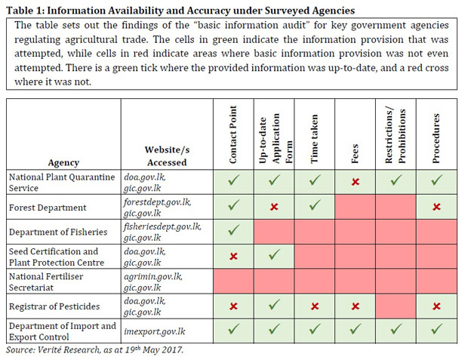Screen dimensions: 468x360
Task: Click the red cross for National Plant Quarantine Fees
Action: (x=356, y=182)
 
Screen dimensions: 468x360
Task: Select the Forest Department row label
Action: (x=48, y=208)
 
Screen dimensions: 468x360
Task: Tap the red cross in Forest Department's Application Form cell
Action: (x=274, y=207)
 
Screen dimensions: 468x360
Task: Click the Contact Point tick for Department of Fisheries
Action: (x=234, y=230)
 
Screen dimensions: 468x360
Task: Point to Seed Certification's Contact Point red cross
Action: (x=233, y=256)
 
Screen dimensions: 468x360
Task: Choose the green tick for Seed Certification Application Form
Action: (x=274, y=254)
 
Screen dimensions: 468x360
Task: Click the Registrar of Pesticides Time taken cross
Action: (x=315, y=306)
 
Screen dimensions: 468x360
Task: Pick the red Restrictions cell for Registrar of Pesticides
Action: (x=396, y=306)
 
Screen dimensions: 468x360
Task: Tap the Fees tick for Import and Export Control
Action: (x=356, y=329)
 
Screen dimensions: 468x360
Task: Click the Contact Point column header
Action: (x=233, y=134)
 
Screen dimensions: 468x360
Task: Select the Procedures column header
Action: (x=436, y=138)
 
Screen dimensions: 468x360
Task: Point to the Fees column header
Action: (x=355, y=154)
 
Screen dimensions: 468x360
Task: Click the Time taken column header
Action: (x=314, y=139)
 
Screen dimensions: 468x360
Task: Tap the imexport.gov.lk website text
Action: (x=155, y=331)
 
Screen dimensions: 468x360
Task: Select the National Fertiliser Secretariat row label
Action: (x=46, y=282)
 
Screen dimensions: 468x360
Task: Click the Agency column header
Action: (x=63, y=163)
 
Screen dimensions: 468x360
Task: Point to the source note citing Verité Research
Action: (x=94, y=349)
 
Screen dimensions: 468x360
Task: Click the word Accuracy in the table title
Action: (x=208, y=11)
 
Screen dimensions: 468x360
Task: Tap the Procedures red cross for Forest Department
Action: (x=436, y=207)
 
